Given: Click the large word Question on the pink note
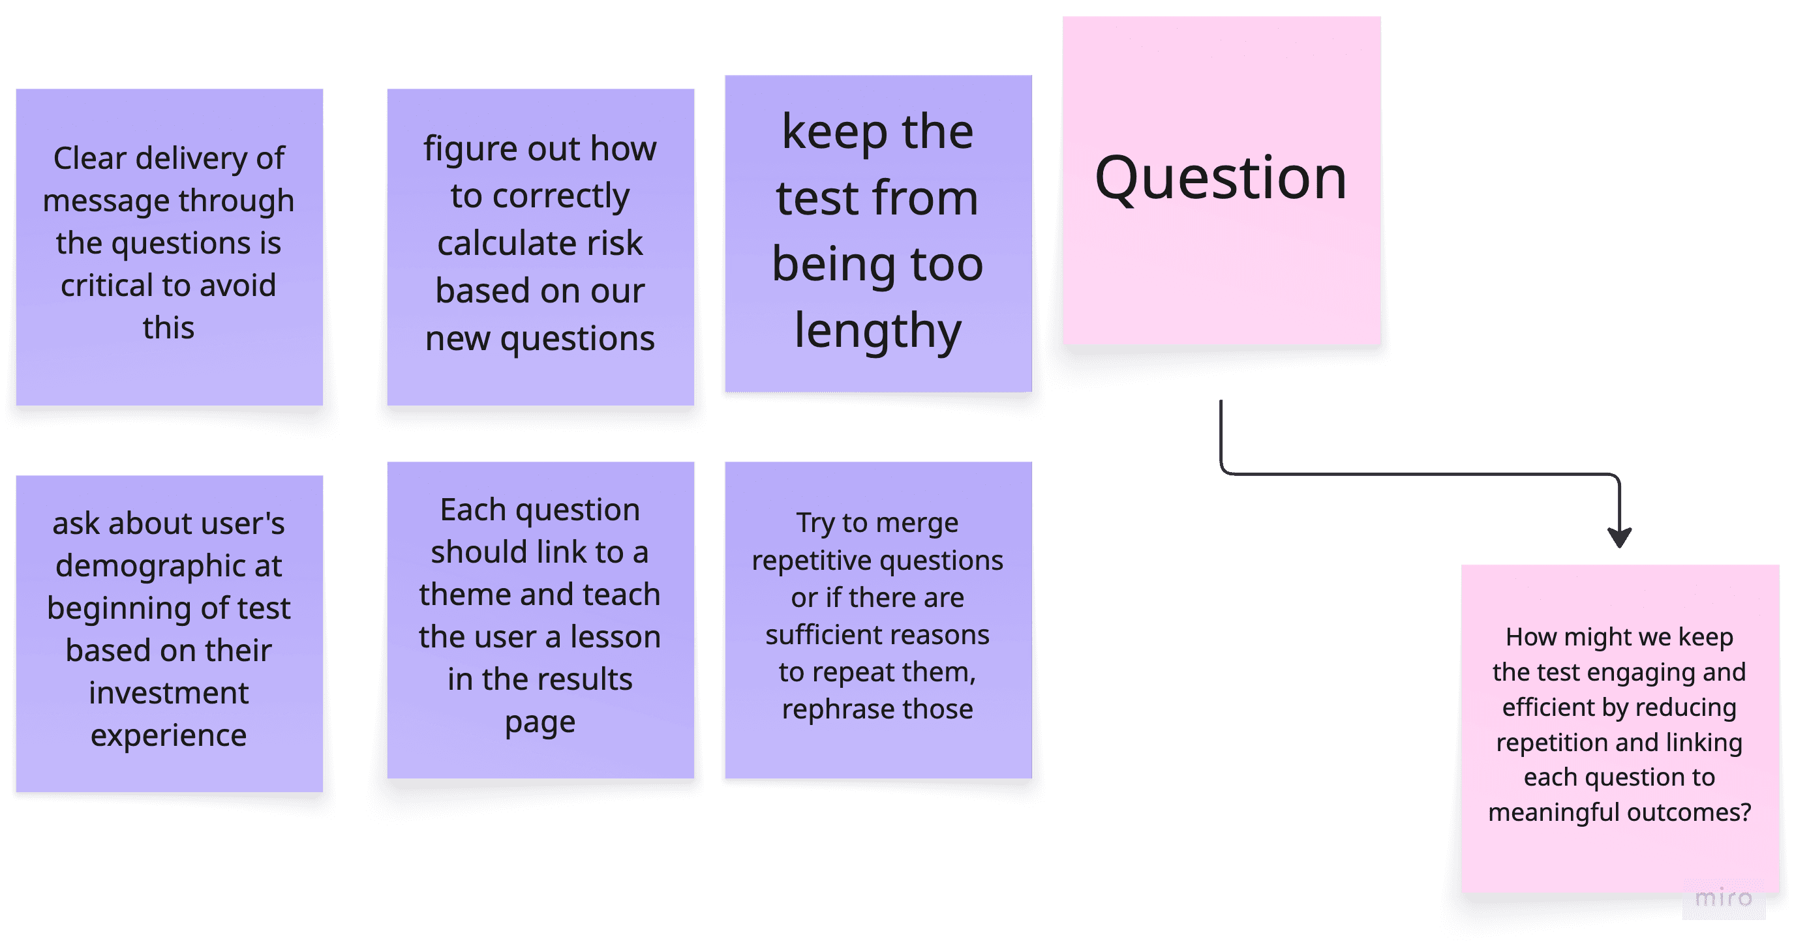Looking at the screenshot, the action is (1220, 179).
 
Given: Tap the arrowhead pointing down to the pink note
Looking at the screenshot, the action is (1619, 537).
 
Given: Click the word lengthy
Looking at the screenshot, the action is (877, 331).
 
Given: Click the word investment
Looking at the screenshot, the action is (168, 692).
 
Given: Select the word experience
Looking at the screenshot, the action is (168, 735).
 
